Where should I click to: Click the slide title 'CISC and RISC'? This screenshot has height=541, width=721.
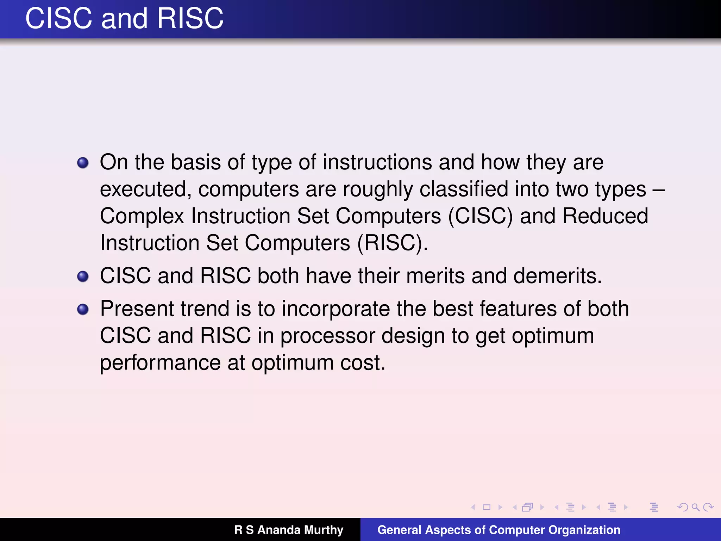124,18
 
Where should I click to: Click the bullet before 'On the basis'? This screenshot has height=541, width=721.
83,163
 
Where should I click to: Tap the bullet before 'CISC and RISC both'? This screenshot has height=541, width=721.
83,276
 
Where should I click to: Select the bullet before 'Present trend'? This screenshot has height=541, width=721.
83,310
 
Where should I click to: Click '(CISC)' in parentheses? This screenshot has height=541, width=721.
480,216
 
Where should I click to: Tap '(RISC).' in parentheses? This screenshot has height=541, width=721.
393,243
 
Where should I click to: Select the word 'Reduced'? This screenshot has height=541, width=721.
605,216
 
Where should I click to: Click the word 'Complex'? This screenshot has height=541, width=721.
142,216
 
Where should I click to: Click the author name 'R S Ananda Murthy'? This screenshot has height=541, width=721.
289,530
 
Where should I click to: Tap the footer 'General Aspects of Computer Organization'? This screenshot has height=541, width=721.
499,530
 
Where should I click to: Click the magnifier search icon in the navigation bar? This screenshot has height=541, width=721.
695,507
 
